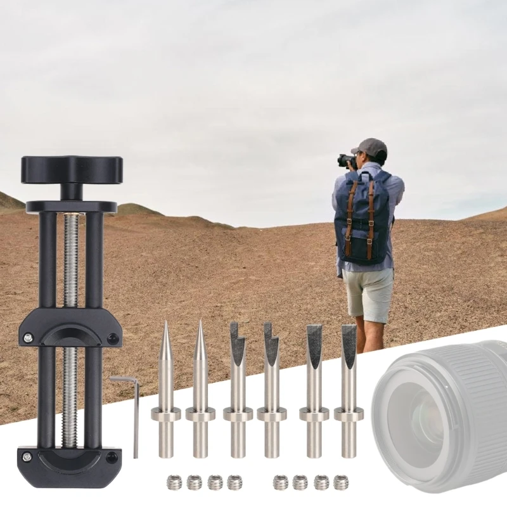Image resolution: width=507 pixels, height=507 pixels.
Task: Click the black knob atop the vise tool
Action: (x=71, y=169)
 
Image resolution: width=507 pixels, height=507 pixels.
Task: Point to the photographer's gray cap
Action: (x=371, y=148)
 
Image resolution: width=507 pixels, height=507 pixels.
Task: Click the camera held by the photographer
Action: (x=346, y=160)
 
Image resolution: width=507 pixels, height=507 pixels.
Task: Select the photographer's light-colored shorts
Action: (x=369, y=293)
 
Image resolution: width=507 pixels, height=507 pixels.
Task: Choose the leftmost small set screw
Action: (x=174, y=482)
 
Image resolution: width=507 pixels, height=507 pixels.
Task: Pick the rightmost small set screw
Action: (x=341, y=482)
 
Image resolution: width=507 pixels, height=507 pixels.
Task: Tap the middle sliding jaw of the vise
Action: (x=70, y=328)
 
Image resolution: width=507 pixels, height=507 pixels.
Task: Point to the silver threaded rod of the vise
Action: (x=70, y=266)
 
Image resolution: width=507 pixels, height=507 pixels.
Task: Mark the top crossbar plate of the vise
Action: (x=71, y=207)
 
